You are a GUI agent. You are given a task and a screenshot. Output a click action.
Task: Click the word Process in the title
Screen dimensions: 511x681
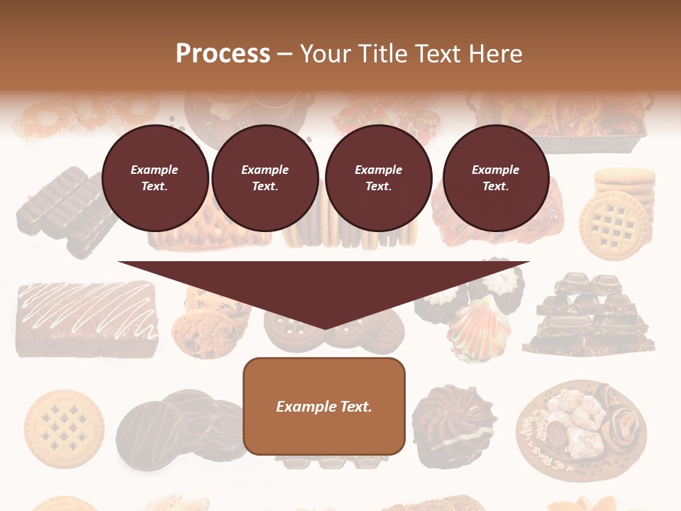click(223, 54)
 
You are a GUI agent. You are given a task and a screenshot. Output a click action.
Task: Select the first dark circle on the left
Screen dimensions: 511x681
click(155, 178)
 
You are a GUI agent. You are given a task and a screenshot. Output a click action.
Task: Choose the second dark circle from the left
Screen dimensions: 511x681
click(265, 178)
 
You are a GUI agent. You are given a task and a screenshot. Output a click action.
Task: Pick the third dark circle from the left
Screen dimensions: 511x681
click(378, 178)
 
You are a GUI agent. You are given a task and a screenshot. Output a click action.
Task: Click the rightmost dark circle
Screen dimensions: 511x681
click(495, 178)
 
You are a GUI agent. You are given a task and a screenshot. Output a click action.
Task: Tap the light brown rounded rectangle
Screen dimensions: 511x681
click(324, 406)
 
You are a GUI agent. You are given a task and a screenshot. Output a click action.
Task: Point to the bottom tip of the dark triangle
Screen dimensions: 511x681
click(324, 327)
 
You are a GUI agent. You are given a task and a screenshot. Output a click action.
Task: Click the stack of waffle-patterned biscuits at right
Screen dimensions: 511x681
click(616, 212)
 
